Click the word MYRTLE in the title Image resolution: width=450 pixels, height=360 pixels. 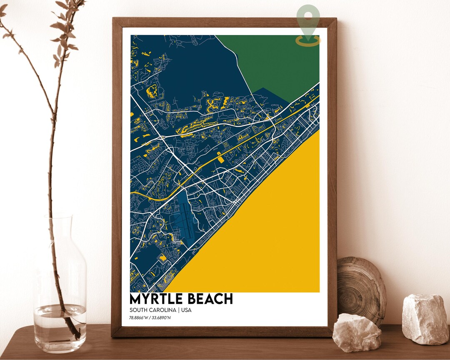click(156, 299)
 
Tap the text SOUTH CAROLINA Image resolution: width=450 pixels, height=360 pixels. click(152, 310)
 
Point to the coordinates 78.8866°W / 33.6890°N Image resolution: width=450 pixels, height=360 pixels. click(150, 318)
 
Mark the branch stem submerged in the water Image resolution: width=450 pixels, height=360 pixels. click(69, 321)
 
